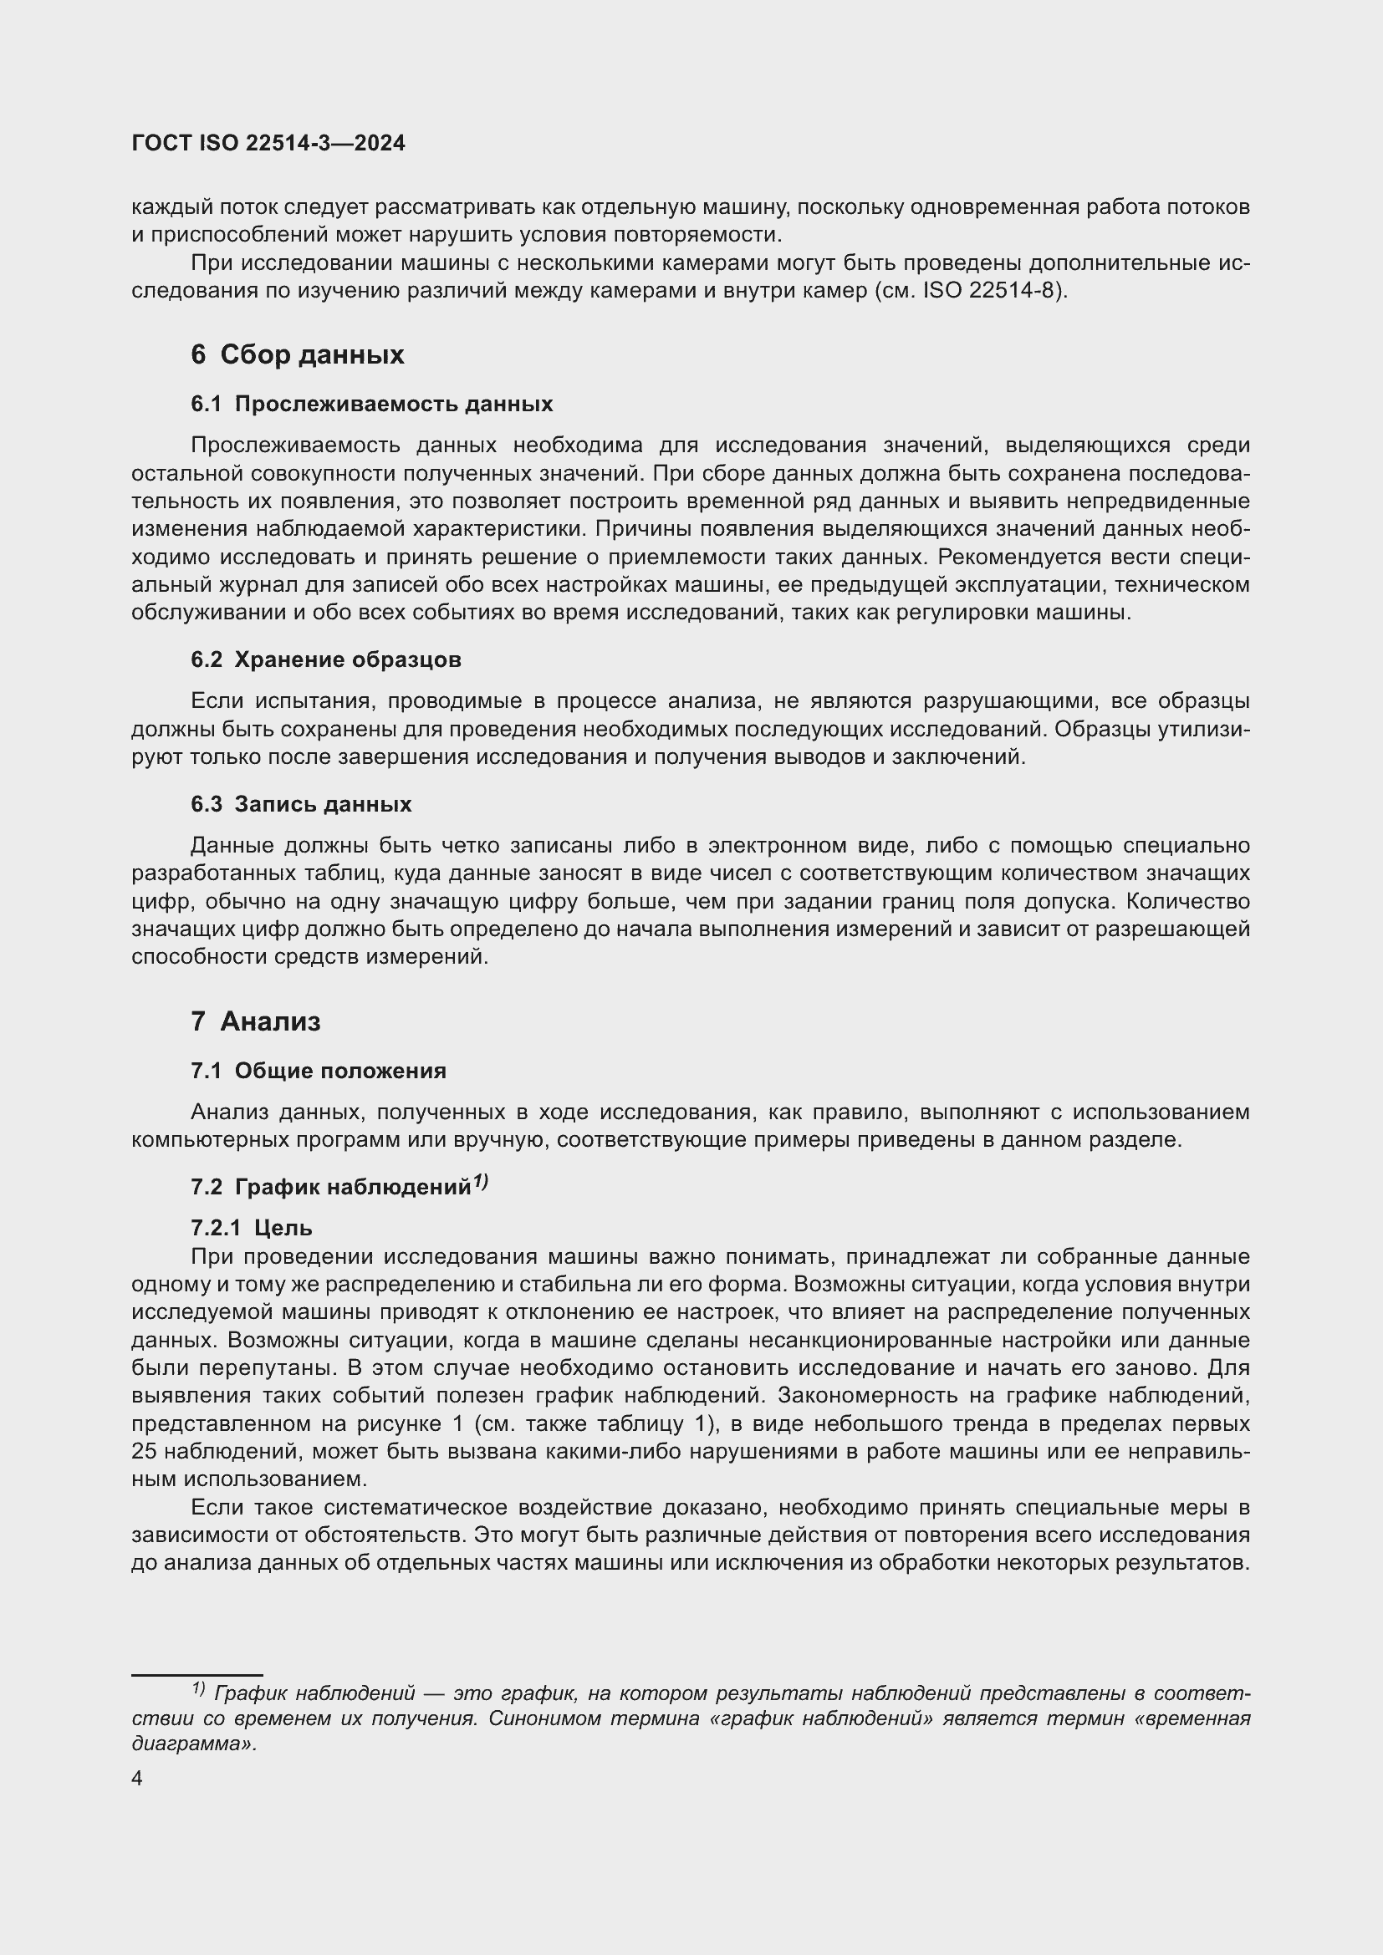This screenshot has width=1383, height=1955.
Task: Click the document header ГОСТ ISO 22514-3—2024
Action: click(268, 143)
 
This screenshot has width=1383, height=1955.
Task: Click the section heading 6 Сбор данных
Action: click(297, 354)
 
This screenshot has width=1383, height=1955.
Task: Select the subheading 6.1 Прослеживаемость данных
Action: click(371, 404)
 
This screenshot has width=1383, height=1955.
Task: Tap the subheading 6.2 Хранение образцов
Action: click(325, 660)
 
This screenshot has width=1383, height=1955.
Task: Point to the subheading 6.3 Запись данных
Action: click(301, 804)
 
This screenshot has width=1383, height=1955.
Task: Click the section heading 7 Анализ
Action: click(256, 1021)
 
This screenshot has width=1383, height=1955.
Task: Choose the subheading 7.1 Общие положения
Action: click(318, 1071)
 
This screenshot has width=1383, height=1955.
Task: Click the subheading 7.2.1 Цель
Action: click(251, 1228)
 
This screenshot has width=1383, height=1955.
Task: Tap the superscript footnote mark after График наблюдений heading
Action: click(480, 1182)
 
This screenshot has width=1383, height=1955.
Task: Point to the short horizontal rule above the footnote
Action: click(196, 1675)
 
